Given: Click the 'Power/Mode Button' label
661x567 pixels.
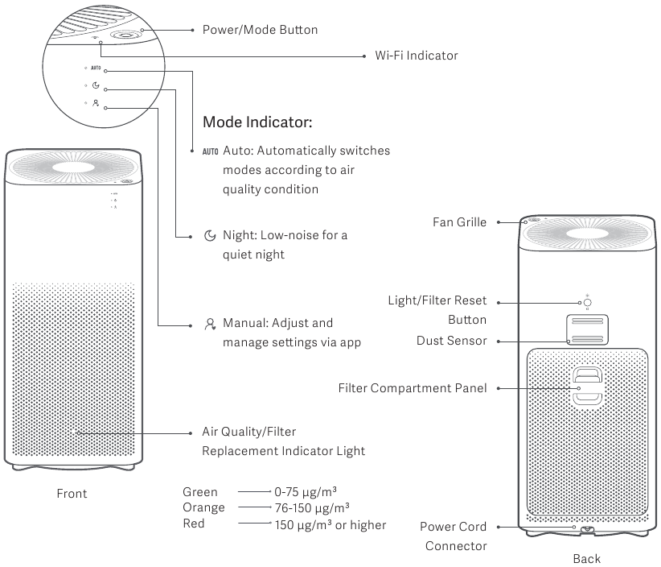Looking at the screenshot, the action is (260, 30).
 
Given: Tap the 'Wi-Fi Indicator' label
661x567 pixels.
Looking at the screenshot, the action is (416, 56).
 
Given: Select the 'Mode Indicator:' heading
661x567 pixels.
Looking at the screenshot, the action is (257, 122).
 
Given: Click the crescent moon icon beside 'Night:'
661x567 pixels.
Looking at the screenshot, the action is (210, 236).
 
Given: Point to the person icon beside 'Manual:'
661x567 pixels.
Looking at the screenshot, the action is (210, 324).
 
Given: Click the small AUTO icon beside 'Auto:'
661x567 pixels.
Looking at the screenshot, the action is (211, 151).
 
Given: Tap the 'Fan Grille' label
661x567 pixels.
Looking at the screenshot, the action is (459, 222).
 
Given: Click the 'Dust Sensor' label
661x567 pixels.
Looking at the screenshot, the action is (451, 341).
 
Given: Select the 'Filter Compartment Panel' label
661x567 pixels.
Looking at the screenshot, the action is (413, 388).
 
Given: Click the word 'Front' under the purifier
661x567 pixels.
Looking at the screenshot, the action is (72, 494).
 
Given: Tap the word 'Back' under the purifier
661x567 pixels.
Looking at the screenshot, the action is (586, 559).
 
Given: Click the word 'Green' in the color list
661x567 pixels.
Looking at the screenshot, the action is (199, 492).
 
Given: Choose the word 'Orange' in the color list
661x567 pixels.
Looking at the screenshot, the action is (203, 507).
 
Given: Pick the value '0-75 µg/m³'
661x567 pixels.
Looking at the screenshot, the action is (306, 492).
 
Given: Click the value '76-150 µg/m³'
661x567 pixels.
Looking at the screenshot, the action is (312, 508).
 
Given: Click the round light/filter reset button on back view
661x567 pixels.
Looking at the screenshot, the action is (587, 303).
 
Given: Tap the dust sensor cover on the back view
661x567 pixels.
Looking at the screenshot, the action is (587, 329).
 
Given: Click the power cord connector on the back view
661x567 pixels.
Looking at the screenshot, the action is (587, 530).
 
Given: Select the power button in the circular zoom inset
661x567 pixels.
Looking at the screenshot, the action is (125, 35).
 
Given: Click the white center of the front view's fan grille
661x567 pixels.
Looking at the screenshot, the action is (73, 167).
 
